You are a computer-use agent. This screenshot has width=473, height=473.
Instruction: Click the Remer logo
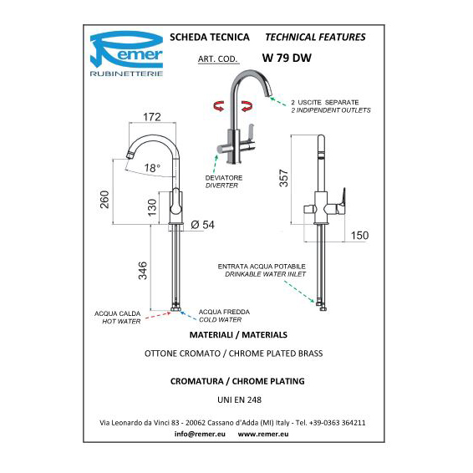click(x=126, y=53)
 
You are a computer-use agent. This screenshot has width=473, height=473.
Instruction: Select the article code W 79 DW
click(x=287, y=58)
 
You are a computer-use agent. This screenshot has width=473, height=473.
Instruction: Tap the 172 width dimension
click(x=152, y=117)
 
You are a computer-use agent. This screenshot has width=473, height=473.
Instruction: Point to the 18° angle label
click(x=152, y=168)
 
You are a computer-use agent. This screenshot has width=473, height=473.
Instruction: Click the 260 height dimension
click(x=104, y=200)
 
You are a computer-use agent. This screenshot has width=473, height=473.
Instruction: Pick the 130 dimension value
click(x=152, y=207)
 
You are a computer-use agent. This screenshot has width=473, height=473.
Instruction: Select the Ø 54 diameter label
click(x=203, y=225)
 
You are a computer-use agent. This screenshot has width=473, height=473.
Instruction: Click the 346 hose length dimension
click(x=142, y=271)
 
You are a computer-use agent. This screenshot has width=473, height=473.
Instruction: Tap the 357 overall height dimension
click(x=284, y=178)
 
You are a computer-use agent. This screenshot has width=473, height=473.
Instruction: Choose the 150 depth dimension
click(x=359, y=236)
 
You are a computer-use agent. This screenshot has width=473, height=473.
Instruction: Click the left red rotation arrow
click(x=219, y=106)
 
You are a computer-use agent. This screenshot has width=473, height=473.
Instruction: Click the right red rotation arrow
click(x=247, y=106)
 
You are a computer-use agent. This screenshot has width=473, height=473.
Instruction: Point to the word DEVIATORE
click(x=224, y=178)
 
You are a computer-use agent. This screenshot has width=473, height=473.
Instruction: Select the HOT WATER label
click(x=121, y=321)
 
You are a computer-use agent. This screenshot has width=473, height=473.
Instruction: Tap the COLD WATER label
click(x=221, y=319)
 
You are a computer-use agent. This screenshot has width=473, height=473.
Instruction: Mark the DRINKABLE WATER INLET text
click(x=266, y=274)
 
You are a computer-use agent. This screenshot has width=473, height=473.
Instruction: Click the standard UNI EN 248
click(x=239, y=399)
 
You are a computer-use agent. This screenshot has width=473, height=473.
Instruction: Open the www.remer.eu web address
click(x=263, y=434)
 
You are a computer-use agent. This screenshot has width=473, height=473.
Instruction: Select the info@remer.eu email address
click(x=200, y=434)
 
